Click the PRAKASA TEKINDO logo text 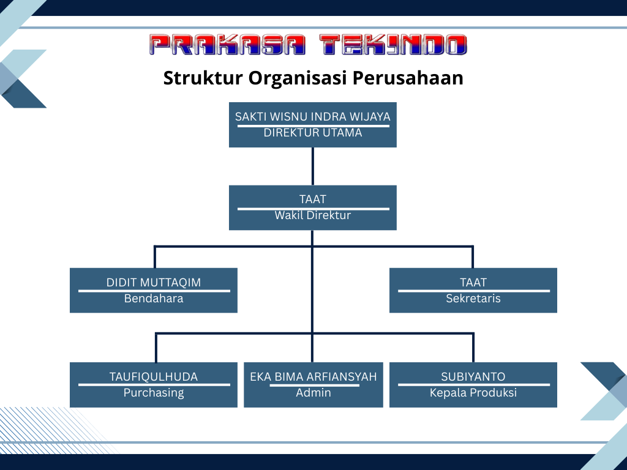308,45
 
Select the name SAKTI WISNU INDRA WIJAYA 313,116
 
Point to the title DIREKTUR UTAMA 313,132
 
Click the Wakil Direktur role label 313,215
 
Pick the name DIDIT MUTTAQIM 154,283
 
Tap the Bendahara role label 154,299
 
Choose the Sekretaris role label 473,299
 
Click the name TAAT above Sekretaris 473,283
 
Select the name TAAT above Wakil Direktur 313,200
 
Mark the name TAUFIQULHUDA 154,377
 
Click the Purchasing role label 154,393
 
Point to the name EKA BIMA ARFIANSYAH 313,377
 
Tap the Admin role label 313,393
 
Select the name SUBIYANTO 473,377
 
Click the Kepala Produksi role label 473,393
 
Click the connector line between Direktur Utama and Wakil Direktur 313,166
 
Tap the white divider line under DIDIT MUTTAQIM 154,291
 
